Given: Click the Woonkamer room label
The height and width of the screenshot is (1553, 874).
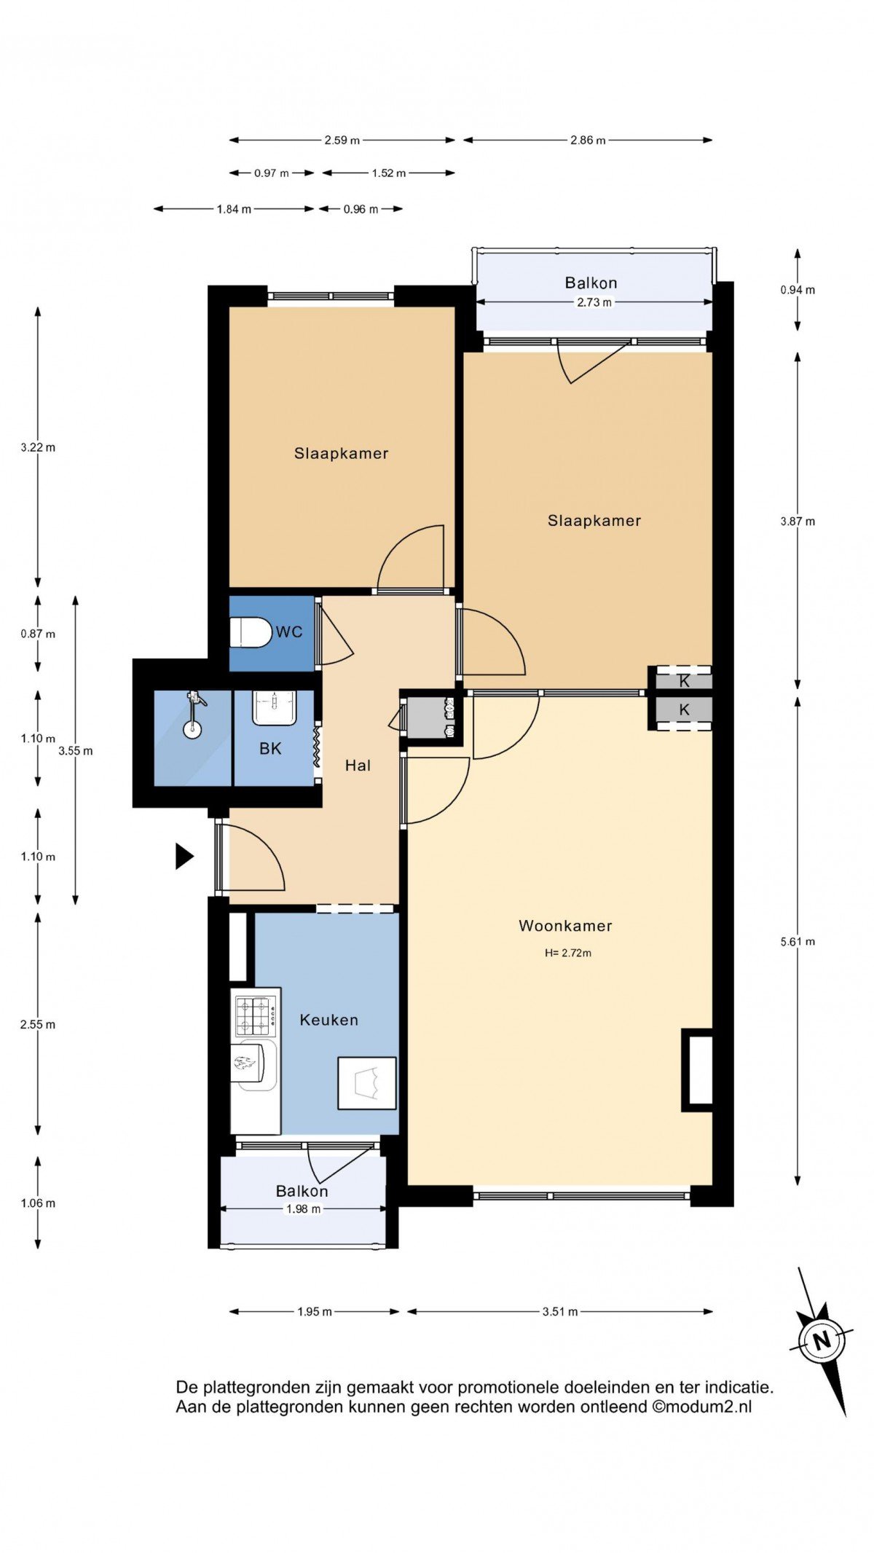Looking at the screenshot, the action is click(565, 926).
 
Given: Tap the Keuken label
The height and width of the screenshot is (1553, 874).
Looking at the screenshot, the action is click(329, 1020).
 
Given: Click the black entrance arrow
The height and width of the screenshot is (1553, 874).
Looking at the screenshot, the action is click(184, 856).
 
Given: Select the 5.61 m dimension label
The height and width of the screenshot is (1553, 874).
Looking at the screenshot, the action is click(798, 941).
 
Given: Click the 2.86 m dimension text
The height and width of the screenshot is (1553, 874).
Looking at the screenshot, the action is click(588, 140).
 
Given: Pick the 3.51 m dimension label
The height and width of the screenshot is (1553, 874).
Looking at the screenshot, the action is click(560, 1311).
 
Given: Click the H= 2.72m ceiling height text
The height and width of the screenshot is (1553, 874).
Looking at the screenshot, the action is click(568, 953).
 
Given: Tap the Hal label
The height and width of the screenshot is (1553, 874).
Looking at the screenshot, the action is click(358, 765).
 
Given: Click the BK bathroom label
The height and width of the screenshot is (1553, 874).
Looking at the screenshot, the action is click(270, 748).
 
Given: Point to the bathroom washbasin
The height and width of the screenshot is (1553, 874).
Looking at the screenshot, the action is click(274, 707).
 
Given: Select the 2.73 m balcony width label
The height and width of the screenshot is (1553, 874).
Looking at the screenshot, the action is click(594, 302).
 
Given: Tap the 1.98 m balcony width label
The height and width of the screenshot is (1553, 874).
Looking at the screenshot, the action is click(303, 1209).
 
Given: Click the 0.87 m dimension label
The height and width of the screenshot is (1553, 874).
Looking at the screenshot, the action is click(38, 634).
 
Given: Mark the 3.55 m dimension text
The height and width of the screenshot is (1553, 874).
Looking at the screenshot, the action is click(76, 751).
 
